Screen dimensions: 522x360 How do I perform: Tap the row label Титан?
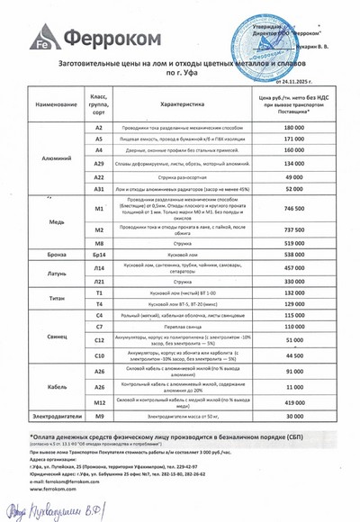coord(38,300)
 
